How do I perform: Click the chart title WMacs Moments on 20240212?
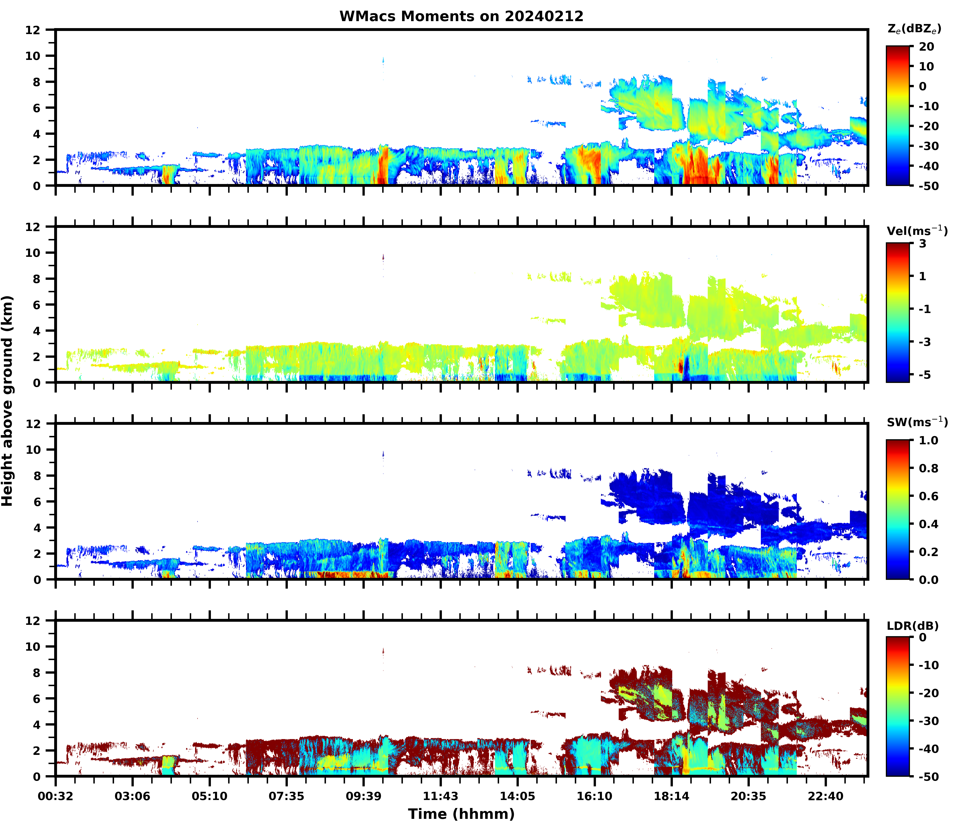pyautogui.click(x=461, y=16)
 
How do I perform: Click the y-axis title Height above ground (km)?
pyautogui.click(x=7, y=401)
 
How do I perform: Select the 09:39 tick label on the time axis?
pyautogui.click(x=363, y=796)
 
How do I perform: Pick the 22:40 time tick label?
pyautogui.click(x=825, y=796)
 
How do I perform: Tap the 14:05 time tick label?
pyautogui.click(x=517, y=796)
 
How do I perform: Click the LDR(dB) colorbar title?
pyautogui.click(x=912, y=626)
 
